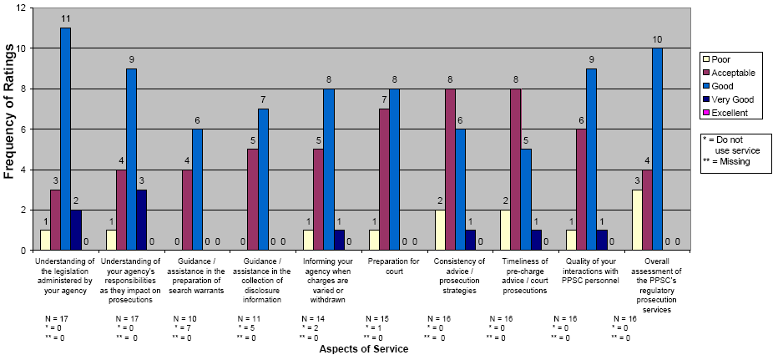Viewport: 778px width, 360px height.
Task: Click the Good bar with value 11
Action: click(65, 139)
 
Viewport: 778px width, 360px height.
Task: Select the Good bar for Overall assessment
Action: click(657, 149)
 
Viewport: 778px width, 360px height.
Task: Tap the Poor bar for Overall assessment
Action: click(637, 220)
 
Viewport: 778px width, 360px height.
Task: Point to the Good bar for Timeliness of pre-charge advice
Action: click(526, 200)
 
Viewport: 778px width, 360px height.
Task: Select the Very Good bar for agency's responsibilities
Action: click(141, 220)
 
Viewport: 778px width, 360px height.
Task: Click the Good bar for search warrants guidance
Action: click(197, 190)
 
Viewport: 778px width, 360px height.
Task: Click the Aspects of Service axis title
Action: click(364, 348)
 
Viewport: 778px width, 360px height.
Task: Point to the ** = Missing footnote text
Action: click(728, 161)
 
